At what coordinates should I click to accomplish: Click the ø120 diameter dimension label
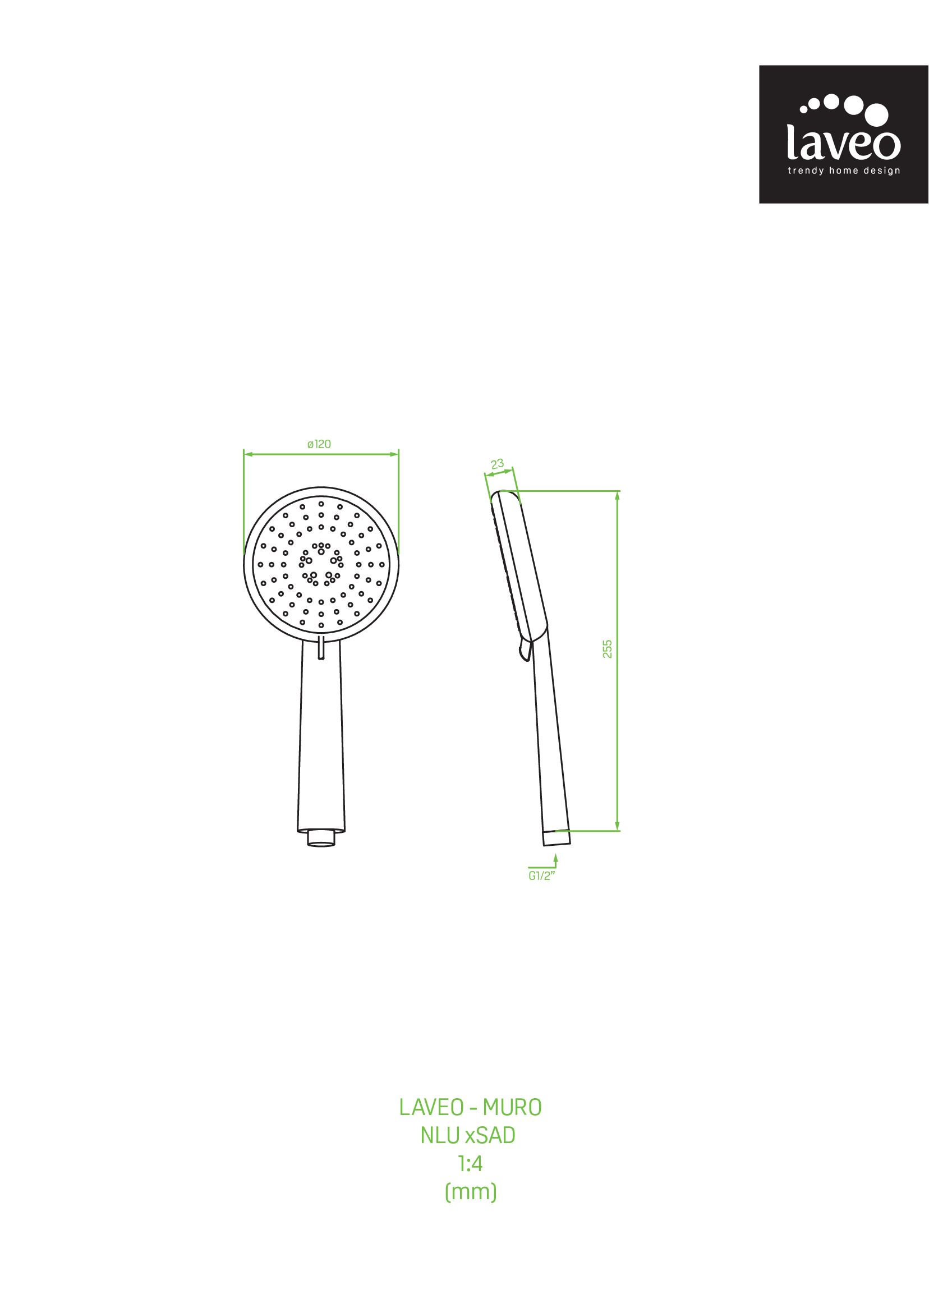point(319,444)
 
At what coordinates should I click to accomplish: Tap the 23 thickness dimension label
point(497,464)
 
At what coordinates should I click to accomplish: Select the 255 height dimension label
point(608,649)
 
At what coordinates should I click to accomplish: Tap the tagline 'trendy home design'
point(844,171)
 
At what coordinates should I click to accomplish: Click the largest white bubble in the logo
point(876,114)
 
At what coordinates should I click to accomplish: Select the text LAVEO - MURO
point(470,1108)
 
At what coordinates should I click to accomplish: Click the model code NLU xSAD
point(468,1136)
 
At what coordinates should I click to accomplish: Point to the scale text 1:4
point(470,1164)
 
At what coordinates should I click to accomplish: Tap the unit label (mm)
point(471,1192)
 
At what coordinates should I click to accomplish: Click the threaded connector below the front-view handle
point(321,838)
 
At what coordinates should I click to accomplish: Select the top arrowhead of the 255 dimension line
point(617,495)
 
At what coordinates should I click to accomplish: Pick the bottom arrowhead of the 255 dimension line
point(617,826)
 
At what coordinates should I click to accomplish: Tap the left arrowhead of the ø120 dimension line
point(249,454)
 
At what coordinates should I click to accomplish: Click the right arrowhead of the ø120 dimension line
point(394,454)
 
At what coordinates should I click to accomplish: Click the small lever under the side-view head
point(526,651)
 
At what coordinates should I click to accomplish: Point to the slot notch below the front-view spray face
point(321,647)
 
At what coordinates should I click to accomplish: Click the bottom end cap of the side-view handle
point(557,838)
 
